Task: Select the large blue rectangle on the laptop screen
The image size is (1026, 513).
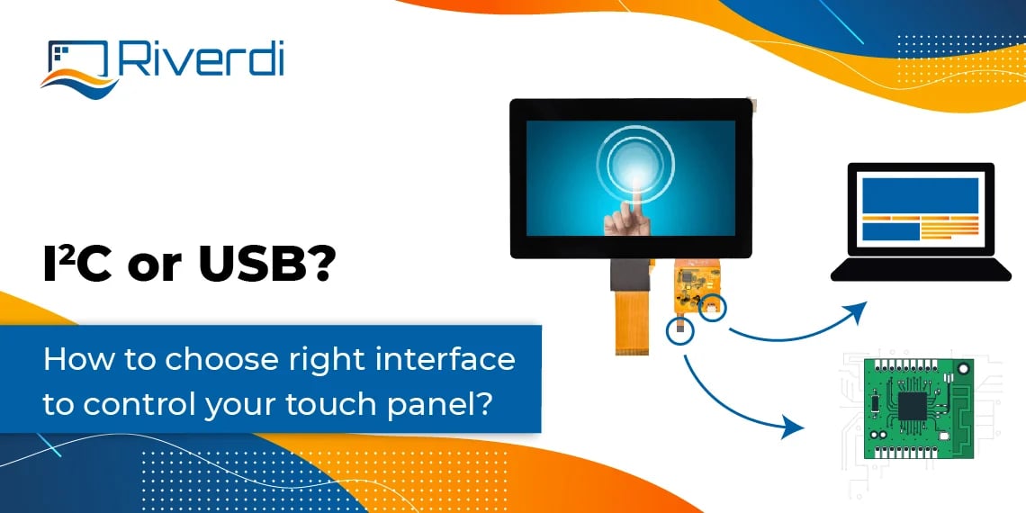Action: pos(919,194)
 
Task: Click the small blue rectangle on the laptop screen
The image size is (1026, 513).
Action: pos(889,231)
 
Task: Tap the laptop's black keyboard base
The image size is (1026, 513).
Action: pos(920,269)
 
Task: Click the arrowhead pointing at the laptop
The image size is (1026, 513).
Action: pos(857,312)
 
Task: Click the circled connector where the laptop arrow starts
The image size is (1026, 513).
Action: pos(713,308)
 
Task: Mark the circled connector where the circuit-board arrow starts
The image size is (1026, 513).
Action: pos(681,331)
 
